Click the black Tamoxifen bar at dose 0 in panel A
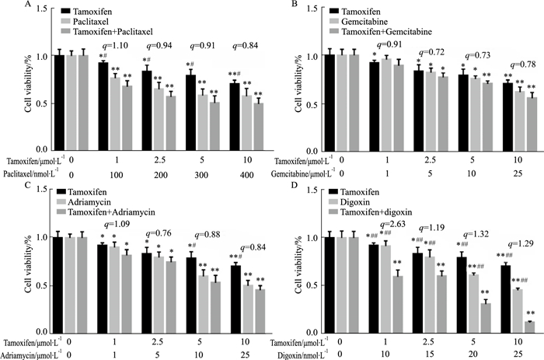(x=54, y=102)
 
